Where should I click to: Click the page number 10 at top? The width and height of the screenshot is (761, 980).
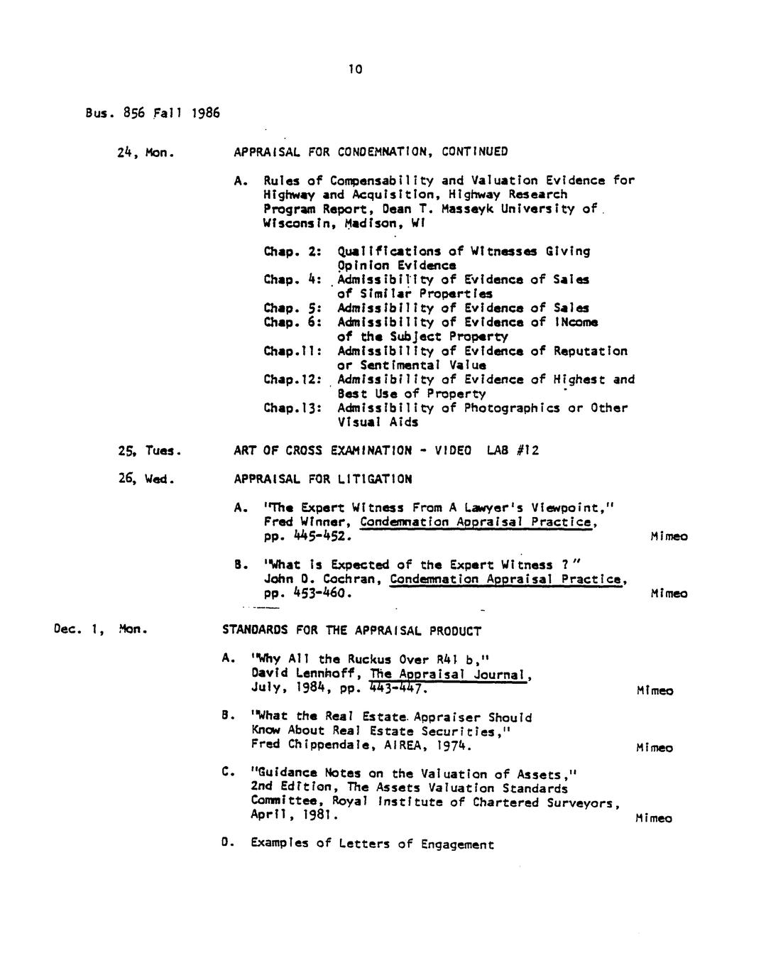pyautogui.click(x=356, y=69)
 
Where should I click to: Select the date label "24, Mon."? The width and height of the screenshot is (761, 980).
pyautogui.click(x=146, y=152)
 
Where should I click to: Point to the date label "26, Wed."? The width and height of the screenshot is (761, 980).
pyautogui.click(x=146, y=479)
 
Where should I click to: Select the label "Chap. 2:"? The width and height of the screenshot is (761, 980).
pyautogui.click(x=293, y=251)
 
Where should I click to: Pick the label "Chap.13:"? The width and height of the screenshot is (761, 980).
pyautogui.click(x=293, y=408)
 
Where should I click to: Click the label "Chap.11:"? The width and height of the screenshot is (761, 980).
pyautogui.click(x=293, y=351)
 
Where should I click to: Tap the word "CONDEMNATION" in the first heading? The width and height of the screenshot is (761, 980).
pyautogui.click(x=382, y=152)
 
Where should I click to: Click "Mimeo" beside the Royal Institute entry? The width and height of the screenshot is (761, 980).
pyautogui.click(x=653, y=818)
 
